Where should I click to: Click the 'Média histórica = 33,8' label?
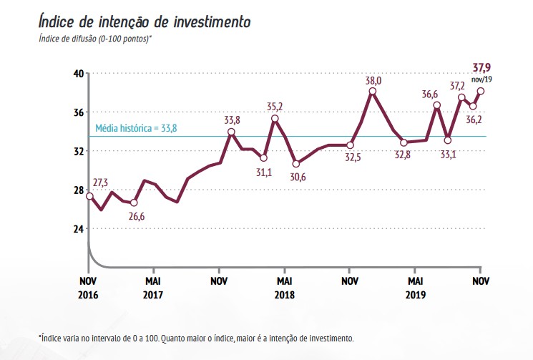point(136,129)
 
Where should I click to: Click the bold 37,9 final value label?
point(481,68)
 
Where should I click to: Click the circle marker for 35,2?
point(275,119)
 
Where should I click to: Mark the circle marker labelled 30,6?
point(296,164)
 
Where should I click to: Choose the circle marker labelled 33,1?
point(448,140)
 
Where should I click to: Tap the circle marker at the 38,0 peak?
point(373,92)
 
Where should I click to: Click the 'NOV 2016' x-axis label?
point(89,286)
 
